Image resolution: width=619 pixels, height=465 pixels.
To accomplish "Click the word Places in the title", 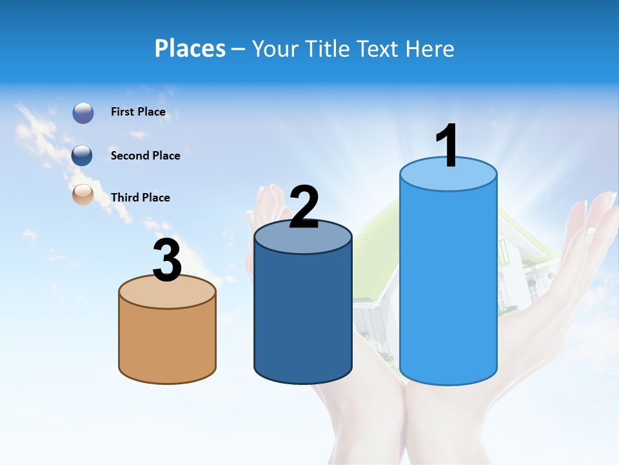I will [190, 48].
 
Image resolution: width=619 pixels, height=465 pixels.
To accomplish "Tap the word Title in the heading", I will [326, 48].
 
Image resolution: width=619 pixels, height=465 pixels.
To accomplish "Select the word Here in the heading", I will [431, 48].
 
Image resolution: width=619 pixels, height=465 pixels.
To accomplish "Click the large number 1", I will [447, 147].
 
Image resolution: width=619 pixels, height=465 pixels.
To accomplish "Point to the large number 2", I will [304, 207].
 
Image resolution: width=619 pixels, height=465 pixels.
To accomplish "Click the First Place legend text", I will [138, 112].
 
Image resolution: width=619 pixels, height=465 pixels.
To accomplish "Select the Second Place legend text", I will [145, 156].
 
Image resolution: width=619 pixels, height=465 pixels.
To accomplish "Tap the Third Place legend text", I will [140, 198].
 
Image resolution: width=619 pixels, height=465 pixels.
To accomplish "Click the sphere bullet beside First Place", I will [83, 113].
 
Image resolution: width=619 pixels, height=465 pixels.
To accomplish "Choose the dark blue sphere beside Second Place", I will [83, 155].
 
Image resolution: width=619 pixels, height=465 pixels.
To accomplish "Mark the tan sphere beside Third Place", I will [83, 194].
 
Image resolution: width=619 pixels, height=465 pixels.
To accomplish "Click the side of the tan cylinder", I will [168, 342].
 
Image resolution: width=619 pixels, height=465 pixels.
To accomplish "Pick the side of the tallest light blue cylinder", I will [448, 284].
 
